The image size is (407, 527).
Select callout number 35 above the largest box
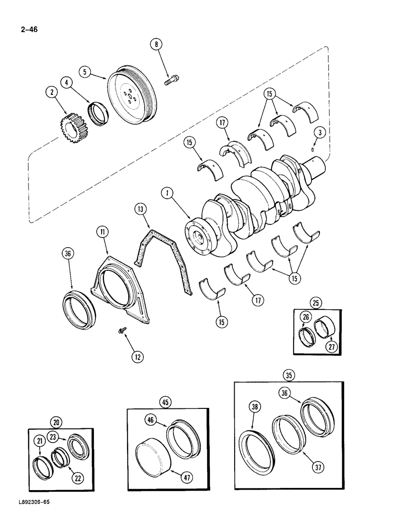coord(288,376)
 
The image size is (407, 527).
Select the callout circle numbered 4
coord(66,83)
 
